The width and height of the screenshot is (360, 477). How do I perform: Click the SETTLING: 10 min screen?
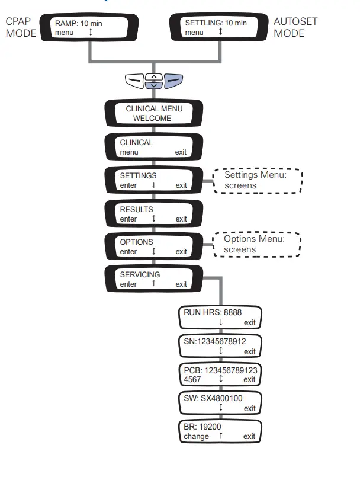click(x=220, y=27)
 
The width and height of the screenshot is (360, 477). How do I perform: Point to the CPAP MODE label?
click(x=21, y=27)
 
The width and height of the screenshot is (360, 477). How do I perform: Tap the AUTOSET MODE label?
click(x=295, y=27)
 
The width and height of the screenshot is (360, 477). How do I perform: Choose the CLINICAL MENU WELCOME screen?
click(x=153, y=113)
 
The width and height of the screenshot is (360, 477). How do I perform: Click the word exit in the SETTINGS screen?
click(x=181, y=185)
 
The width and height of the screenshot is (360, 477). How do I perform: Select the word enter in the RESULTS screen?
click(x=128, y=219)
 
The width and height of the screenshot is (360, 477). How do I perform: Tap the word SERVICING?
click(x=140, y=275)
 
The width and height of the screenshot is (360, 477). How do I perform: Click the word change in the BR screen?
click(x=196, y=437)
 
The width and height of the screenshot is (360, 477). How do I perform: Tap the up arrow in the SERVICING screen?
click(x=153, y=284)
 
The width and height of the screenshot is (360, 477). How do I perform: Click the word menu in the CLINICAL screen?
click(x=129, y=152)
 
